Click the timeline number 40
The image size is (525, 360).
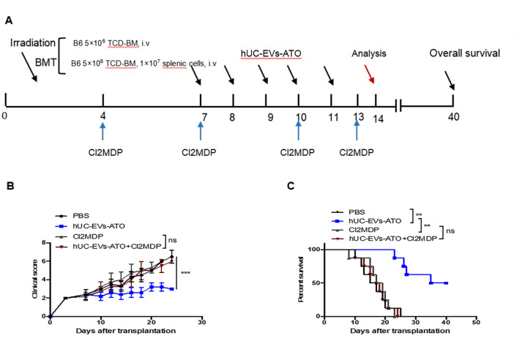[x=454, y=116]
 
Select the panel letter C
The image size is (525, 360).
[x=291, y=186]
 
